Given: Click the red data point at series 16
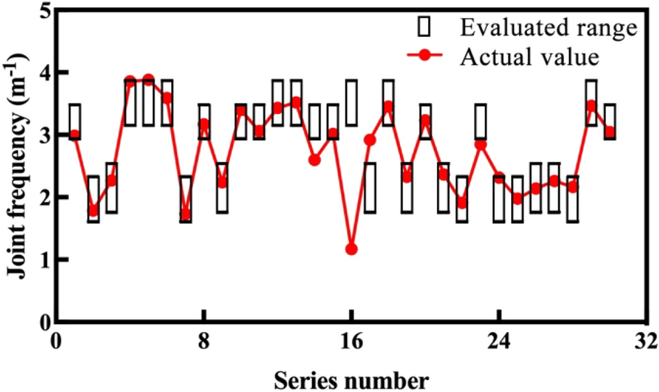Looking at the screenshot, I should tap(352, 249).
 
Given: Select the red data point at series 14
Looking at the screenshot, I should tap(315, 160).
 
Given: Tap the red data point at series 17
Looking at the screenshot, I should tap(370, 140).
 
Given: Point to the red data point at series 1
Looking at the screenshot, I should tap(75, 135).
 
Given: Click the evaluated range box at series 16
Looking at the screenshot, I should tap(352, 103).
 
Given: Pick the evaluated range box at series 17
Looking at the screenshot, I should tap(370, 188).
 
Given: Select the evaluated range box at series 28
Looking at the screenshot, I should tap(572, 199).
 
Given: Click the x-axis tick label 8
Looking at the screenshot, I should tap(204, 344).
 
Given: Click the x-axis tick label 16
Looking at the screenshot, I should tap(352, 344).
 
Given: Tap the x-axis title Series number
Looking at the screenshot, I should tap(351, 381).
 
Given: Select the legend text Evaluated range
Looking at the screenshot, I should tap(548, 28).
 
